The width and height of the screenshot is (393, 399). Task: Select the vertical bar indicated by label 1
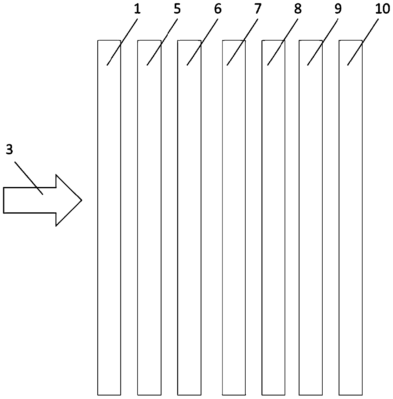click(x=109, y=222)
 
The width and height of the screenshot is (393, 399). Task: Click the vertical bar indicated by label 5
click(x=149, y=222)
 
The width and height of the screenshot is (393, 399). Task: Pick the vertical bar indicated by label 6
click(x=189, y=222)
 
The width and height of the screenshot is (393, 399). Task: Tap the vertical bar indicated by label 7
click(x=234, y=222)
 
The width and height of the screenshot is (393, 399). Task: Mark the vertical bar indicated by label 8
click(x=274, y=222)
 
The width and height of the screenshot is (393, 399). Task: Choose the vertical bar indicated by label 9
click(x=311, y=222)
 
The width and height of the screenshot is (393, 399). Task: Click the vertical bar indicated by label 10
click(x=351, y=222)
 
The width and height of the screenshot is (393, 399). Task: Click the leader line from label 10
click(x=364, y=41)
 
